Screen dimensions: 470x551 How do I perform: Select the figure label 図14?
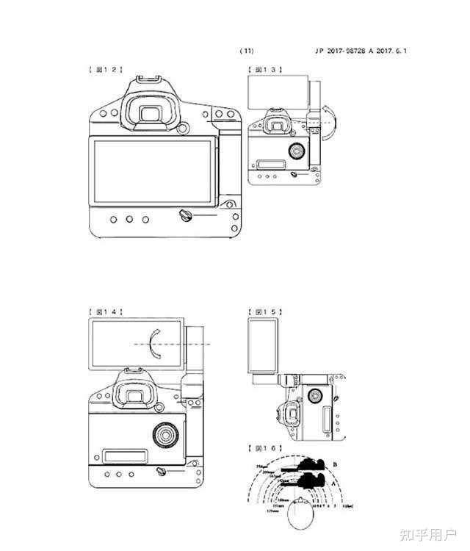pyautogui.click(x=104, y=312)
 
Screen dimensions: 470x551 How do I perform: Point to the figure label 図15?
pyautogui.click(x=265, y=312)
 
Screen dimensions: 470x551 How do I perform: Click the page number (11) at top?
pyautogui.click(x=247, y=51)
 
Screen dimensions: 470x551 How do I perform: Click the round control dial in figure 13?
pyautogui.click(x=297, y=151)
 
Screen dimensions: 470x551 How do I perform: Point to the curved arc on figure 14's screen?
pyautogui.click(x=152, y=343)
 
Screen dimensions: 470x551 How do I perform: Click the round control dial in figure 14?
pyautogui.click(x=165, y=435)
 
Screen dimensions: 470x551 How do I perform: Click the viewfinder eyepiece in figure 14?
pyautogui.click(x=133, y=397)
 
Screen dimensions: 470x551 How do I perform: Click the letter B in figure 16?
pyautogui.click(x=335, y=464)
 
